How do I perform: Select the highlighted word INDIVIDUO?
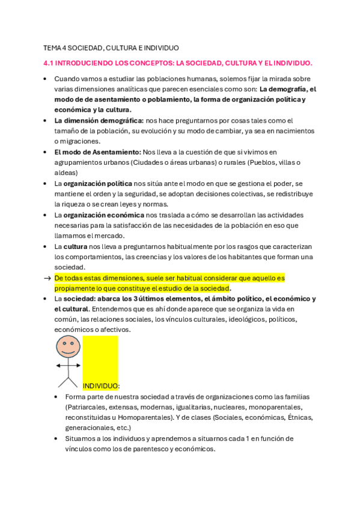tap(101, 386)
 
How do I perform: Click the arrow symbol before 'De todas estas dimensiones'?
tap(47, 278)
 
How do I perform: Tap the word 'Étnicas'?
tap(300, 417)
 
